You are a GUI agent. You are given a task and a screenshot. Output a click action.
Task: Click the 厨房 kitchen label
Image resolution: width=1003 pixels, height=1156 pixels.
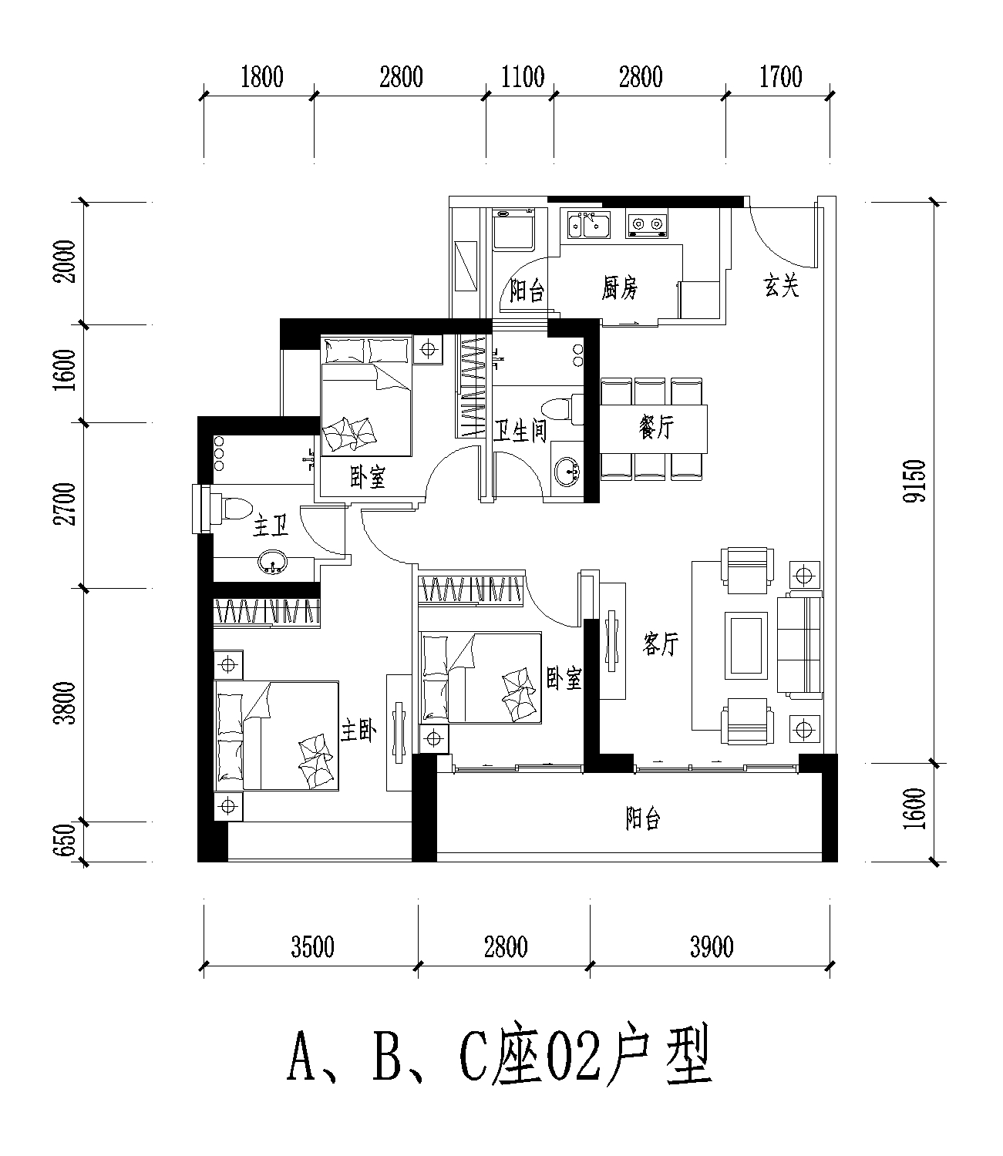(x=619, y=288)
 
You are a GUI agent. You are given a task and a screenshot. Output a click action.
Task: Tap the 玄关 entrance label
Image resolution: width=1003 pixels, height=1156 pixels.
(x=782, y=285)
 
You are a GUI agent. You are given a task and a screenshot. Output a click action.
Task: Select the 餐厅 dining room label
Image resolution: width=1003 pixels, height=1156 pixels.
(x=657, y=427)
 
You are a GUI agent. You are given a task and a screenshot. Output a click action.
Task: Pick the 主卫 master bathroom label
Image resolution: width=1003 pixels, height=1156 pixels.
(x=271, y=526)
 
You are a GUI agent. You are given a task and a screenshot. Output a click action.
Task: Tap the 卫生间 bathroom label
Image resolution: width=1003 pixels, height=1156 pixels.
(x=520, y=431)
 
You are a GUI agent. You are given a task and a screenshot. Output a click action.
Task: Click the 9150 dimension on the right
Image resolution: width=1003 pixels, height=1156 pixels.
(x=914, y=481)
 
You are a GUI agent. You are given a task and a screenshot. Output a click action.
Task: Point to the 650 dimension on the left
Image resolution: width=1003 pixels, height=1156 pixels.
(x=66, y=840)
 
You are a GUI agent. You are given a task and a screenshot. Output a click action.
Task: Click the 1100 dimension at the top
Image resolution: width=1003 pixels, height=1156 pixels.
(x=523, y=77)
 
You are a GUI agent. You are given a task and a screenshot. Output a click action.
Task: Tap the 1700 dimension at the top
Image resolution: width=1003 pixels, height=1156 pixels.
(x=780, y=77)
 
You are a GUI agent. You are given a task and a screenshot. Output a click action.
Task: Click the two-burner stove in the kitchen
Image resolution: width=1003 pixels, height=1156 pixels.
(x=647, y=223)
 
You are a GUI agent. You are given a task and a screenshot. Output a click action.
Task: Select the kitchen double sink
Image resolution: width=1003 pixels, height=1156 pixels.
(x=589, y=224)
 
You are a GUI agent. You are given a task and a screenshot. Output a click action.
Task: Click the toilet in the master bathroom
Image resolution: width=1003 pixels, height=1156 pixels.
(x=231, y=507)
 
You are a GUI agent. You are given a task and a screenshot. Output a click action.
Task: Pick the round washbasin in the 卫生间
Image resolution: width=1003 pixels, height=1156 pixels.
(x=567, y=472)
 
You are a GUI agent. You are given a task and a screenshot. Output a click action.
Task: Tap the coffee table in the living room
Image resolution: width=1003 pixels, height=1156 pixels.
(x=746, y=645)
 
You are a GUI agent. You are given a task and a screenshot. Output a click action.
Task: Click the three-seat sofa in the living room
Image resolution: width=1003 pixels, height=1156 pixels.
(x=799, y=645)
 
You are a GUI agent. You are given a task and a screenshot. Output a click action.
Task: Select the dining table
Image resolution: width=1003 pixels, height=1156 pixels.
(x=653, y=428)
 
